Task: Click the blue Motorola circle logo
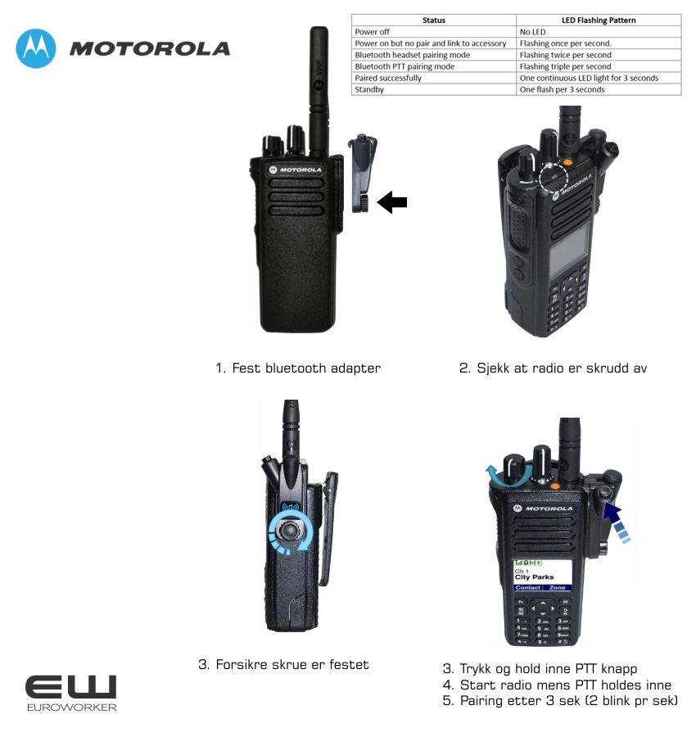tap(36, 48)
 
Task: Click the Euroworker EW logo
tap(71, 693)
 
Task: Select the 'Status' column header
tap(433, 20)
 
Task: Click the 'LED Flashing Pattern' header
tap(599, 20)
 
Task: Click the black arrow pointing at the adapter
tap(392, 202)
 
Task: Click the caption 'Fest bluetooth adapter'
tap(306, 368)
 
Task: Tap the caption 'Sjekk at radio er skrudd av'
tap(562, 368)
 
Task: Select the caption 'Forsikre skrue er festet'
tap(292, 665)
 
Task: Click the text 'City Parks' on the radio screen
tap(535, 577)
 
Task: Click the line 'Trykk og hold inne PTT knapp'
tap(549, 668)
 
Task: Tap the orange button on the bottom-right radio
tap(555, 486)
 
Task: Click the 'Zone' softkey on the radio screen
tap(558, 587)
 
